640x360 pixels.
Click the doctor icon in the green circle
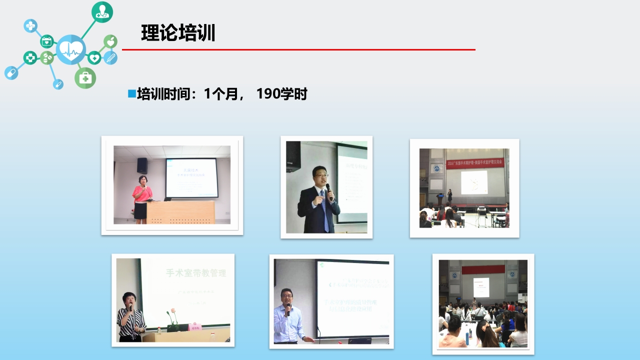click(x=102, y=12)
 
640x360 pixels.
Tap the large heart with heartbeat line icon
click(x=71, y=49)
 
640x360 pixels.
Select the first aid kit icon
click(x=85, y=78)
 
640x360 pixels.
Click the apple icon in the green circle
click(x=110, y=41)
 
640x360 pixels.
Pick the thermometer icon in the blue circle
click(x=110, y=57)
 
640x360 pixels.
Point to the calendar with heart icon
click(x=46, y=41)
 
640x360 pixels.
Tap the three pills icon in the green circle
click(x=47, y=57)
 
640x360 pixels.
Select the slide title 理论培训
click(x=178, y=33)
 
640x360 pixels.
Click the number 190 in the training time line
click(x=269, y=94)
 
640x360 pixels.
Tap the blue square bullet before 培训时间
click(x=132, y=93)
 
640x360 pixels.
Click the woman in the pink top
click(x=141, y=197)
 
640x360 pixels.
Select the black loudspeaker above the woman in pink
click(x=142, y=165)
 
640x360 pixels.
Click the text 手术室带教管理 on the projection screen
click(x=196, y=273)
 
